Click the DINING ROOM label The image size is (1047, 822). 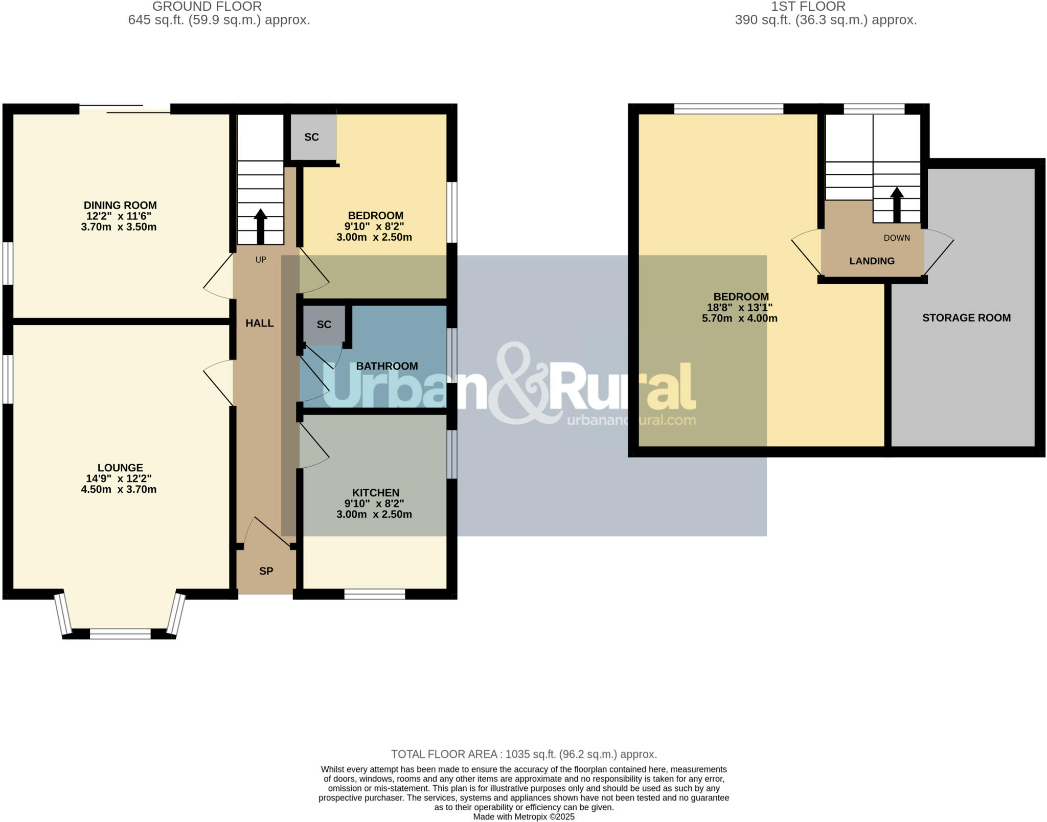120,205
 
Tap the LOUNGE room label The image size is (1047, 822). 120,468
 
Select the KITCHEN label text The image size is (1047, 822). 375,493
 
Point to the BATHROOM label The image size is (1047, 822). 387,366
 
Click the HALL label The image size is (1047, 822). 259,323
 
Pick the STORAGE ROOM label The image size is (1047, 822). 966,318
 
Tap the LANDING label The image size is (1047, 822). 872,261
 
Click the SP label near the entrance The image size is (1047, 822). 266,572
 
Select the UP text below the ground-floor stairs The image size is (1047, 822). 261,260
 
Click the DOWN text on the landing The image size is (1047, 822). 897,238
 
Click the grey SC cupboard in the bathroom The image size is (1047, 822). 324,325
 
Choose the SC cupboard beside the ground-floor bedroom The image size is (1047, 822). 312,137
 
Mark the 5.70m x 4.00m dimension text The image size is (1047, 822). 740,318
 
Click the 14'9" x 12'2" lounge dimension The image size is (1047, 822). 119,479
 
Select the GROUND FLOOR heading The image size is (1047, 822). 207,7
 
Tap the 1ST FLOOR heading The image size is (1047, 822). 808,7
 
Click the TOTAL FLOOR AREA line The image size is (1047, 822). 524,754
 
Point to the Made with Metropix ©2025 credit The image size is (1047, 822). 524,817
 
